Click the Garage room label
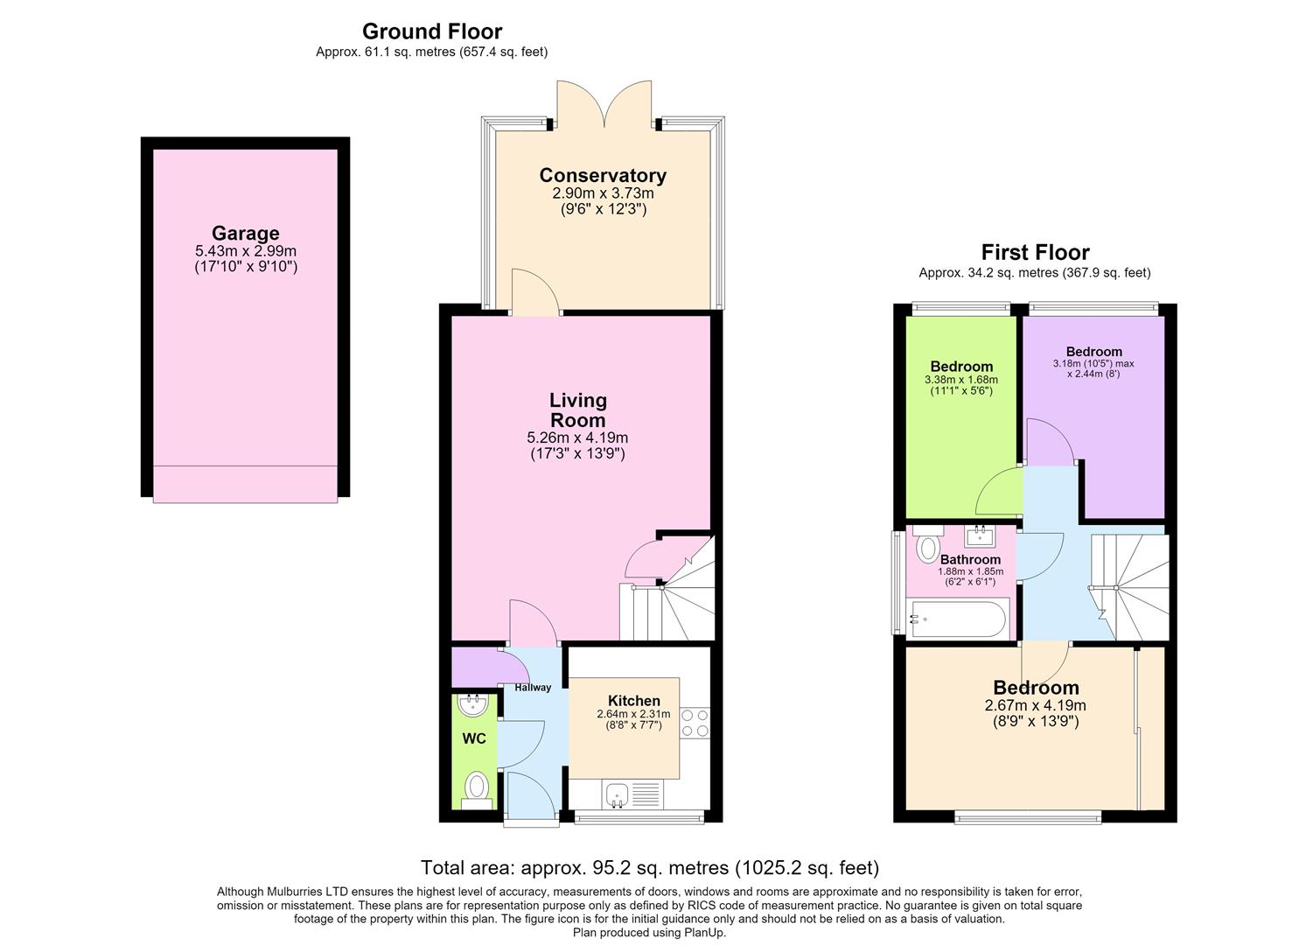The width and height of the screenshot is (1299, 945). pyautogui.click(x=245, y=234)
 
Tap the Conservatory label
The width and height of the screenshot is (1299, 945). pyautogui.click(x=603, y=175)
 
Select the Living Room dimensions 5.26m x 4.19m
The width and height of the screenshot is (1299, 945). pyautogui.click(x=577, y=437)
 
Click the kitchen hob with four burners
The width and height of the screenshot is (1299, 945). pyautogui.click(x=695, y=723)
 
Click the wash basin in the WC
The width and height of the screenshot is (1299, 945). pyautogui.click(x=473, y=705)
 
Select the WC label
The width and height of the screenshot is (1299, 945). pyautogui.click(x=474, y=738)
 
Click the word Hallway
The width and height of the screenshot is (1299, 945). pyautogui.click(x=533, y=688)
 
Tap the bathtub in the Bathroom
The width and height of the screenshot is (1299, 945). pyautogui.click(x=959, y=619)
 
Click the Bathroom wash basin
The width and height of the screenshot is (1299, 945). pyautogui.click(x=981, y=536)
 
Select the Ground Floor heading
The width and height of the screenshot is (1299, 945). pyautogui.click(x=432, y=31)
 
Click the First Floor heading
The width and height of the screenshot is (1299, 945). pyautogui.click(x=1035, y=252)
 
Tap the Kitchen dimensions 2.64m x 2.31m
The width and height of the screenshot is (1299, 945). pyautogui.click(x=633, y=714)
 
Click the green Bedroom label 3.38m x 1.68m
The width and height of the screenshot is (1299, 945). pyautogui.click(x=961, y=367)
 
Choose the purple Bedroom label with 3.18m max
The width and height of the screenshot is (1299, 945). pyautogui.click(x=1093, y=352)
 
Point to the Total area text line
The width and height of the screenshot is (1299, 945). pyautogui.click(x=649, y=868)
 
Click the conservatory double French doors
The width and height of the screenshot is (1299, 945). pyautogui.click(x=604, y=104)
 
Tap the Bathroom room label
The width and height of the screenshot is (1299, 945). pyautogui.click(x=970, y=560)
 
